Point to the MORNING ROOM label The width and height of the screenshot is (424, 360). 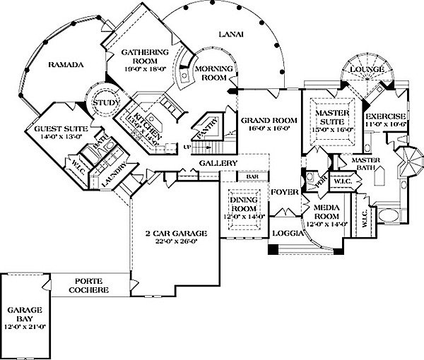tap(210, 72)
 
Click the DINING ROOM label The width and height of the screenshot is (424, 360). tap(245, 205)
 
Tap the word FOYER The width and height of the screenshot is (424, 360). tap(285, 191)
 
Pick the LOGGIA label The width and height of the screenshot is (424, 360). tap(285, 233)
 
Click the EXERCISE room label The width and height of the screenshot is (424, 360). tap(385, 116)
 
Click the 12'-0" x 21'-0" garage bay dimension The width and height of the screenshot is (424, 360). tap(25, 327)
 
